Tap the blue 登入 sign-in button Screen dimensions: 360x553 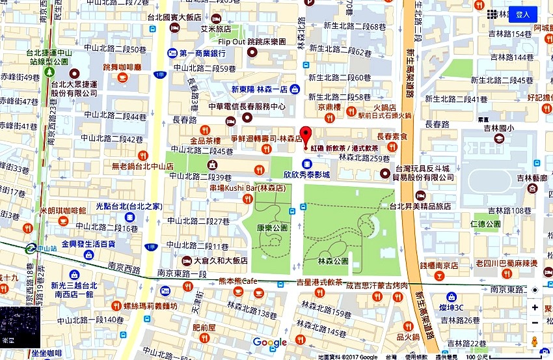tap(523, 14)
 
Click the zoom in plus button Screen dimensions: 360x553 tap(535, 307)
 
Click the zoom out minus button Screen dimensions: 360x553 tap(535, 323)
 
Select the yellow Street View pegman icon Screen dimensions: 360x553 tap(535, 342)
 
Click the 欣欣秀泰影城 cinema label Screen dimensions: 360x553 tap(306, 174)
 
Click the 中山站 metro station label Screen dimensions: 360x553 tap(47, 248)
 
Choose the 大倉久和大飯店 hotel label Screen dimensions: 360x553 tap(221, 260)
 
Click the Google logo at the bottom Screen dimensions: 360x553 tap(269, 342)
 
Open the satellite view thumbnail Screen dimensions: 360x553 tap(20, 327)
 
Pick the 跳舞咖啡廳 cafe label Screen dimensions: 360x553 tap(126, 67)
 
